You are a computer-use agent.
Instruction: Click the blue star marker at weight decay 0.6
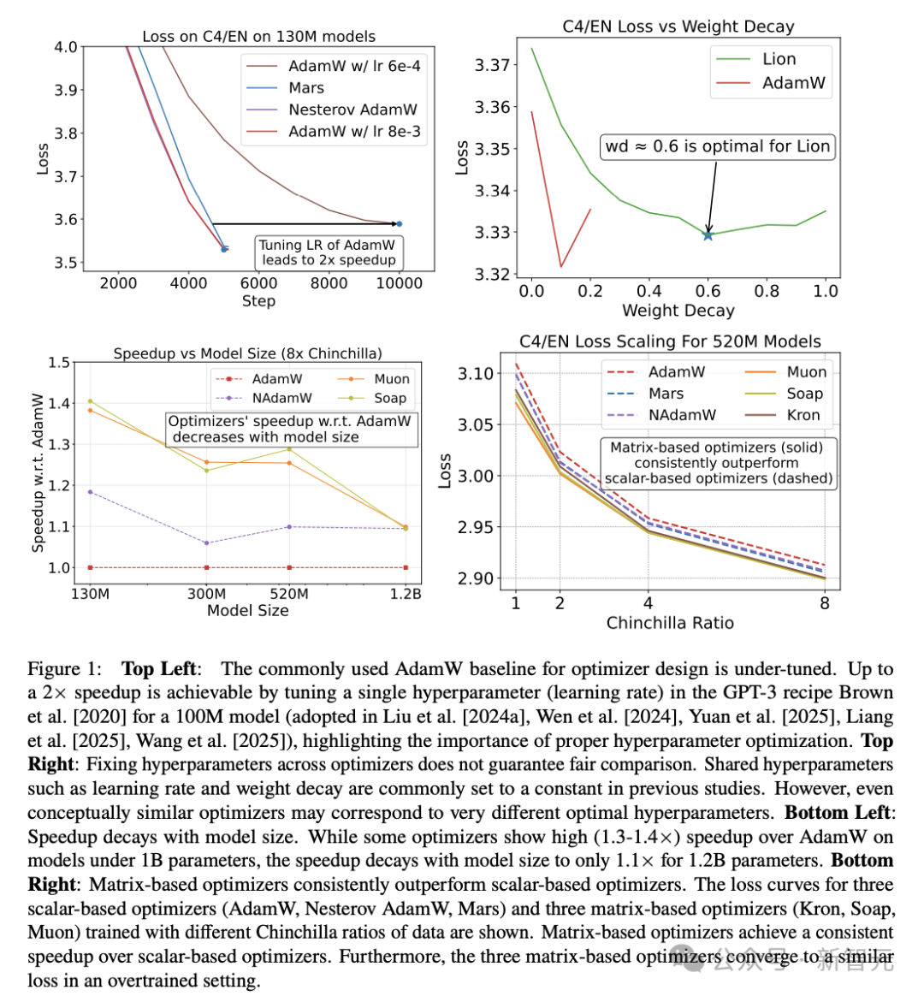[x=708, y=235]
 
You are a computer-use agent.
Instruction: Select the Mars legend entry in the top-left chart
[x=285, y=87]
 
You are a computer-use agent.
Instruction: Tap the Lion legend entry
[x=755, y=59]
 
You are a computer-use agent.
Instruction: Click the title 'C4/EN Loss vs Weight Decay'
[x=678, y=27]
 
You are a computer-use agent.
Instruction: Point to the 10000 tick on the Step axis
[x=399, y=283]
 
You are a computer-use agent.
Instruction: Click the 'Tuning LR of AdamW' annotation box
[x=329, y=252]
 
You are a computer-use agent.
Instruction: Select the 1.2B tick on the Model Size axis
[x=406, y=594]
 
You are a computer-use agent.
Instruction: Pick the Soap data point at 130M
[x=90, y=400]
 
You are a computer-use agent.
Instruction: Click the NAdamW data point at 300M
[x=206, y=543]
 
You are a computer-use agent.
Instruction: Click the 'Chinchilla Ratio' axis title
[x=670, y=623]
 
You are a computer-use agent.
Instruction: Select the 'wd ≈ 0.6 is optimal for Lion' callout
[x=718, y=146]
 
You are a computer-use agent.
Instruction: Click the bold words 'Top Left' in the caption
[x=159, y=669]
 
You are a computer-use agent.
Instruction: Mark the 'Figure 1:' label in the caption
[x=64, y=669]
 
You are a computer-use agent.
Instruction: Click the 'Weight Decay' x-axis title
[x=678, y=311]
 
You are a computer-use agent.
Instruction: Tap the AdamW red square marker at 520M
[x=289, y=567]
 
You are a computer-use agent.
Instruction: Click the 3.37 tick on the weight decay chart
[x=492, y=65]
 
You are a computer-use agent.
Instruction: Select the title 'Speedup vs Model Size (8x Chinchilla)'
[x=247, y=353]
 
